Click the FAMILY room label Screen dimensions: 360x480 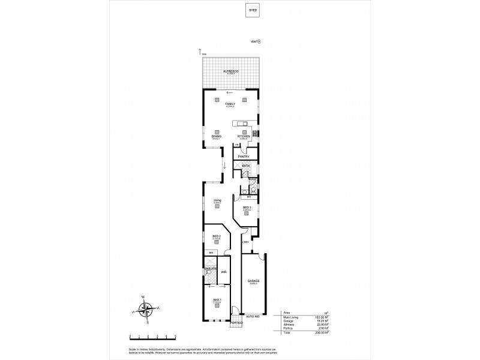229,104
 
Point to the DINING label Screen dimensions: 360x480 216,136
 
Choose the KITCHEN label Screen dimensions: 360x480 244,136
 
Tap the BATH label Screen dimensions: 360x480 246,166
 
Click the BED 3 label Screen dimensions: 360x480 247,208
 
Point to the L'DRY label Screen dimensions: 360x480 245,242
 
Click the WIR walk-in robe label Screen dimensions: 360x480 224,272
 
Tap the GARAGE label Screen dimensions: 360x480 253,281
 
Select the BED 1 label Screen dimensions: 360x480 217,300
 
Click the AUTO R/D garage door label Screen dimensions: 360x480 253,316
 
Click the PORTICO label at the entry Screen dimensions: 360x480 236,323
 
